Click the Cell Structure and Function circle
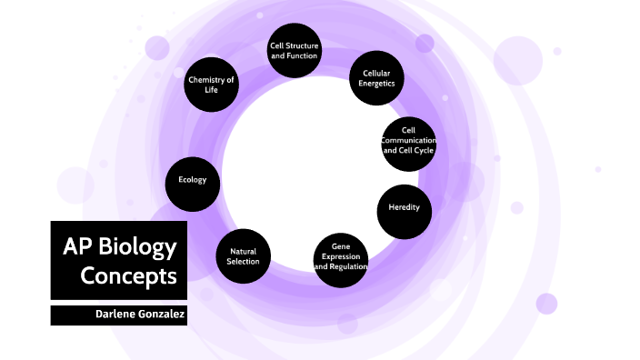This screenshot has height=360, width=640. coord(295,50)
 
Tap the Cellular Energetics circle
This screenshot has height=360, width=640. coord(376,78)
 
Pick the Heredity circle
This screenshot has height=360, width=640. coord(404,208)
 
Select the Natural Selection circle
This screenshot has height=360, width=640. coord(244,256)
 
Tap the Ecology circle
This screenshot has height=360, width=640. coord(193,180)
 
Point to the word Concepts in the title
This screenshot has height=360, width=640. coord(129,275)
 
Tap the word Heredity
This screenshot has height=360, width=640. coord(404,208)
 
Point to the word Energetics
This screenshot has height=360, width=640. coord(376,84)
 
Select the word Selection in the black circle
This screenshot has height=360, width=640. coord(244,262)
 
